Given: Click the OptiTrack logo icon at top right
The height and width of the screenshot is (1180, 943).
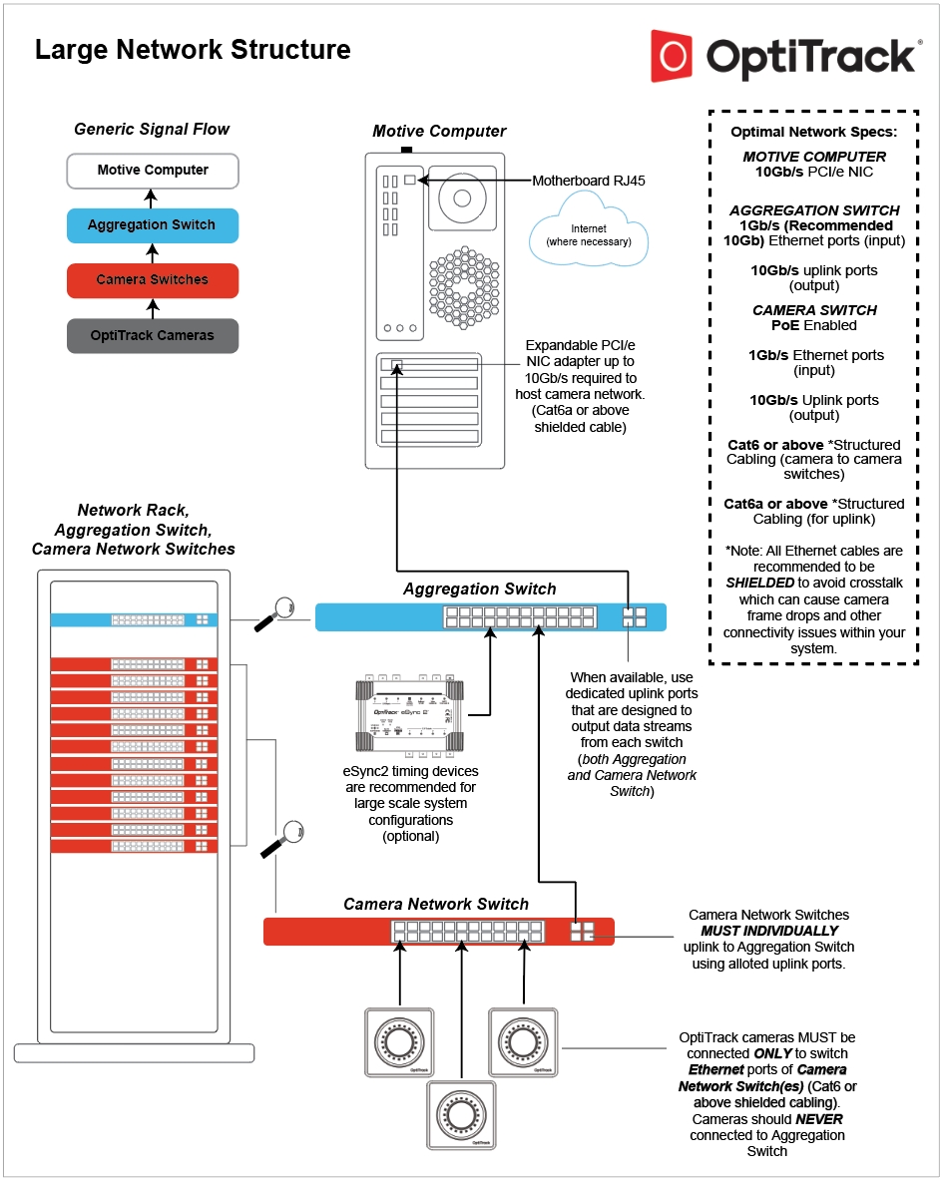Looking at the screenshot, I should point(672,55).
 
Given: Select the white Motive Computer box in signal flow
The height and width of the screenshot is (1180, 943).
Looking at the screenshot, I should point(153,171).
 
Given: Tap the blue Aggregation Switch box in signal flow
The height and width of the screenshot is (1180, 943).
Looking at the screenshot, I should point(153,225).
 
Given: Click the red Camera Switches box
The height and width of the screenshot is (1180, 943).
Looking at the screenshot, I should point(153,280).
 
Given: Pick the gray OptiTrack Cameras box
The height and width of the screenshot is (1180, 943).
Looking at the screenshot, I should point(153,335).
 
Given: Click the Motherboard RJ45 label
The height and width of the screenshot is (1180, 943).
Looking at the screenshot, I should point(589,181).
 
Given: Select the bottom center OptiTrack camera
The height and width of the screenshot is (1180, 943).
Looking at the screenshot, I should point(461,1113).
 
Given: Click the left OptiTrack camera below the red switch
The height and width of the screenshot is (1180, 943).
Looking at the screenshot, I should point(399,1042).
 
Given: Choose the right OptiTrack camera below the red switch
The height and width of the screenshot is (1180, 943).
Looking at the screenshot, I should point(524,1042).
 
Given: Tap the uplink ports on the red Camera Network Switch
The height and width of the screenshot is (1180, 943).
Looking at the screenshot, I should point(582,931).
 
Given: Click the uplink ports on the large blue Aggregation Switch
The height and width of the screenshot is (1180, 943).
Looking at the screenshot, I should point(634,616).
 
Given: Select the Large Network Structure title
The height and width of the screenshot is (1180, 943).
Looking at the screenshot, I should point(193,50).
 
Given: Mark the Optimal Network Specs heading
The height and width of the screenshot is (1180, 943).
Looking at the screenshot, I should point(813,132).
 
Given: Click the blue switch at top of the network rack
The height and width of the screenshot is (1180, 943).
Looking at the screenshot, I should point(134,619).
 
